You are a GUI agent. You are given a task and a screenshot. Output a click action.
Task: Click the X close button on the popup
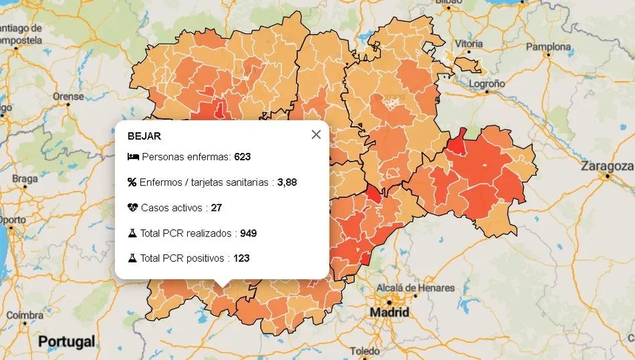[x=316, y=134]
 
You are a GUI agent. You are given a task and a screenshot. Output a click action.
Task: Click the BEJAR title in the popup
[x=144, y=136]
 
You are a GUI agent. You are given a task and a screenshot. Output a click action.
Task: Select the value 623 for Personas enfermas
[x=242, y=157]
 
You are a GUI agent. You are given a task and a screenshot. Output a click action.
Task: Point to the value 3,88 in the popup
[x=287, y=182]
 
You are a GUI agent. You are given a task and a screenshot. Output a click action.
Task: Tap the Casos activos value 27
[x=216, y=208]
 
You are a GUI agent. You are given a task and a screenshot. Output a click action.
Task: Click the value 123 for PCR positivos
[x=241, y=258]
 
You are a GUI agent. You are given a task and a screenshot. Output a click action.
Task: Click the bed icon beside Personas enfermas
[x=132, y=157]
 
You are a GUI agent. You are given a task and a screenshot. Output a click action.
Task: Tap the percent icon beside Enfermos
[x=132, y=182]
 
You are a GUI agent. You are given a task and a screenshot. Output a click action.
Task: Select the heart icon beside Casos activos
[x=132, y=208]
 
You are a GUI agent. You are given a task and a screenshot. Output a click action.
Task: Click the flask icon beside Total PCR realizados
[x=132, y=233]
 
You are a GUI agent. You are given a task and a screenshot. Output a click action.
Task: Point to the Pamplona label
[x=548, y=47]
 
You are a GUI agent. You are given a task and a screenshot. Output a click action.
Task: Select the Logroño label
[x=486, y=84]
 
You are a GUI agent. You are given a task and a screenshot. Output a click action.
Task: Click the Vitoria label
[x=469, y=43]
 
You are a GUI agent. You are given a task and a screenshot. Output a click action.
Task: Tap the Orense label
[x=69, y=96]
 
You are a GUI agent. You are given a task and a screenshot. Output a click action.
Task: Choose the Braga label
[x=25, y=179]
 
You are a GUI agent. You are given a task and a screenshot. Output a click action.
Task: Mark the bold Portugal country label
[x=66, y=342]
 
